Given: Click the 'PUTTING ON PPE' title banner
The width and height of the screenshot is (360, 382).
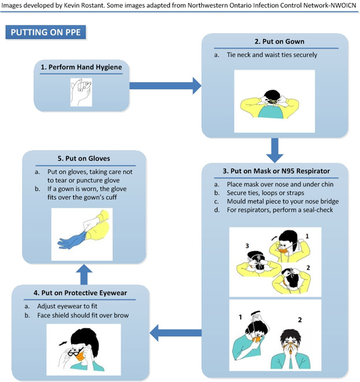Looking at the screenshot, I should (x=46, y=32).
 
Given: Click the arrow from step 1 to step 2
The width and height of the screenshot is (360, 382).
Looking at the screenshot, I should (x=164, y=86).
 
